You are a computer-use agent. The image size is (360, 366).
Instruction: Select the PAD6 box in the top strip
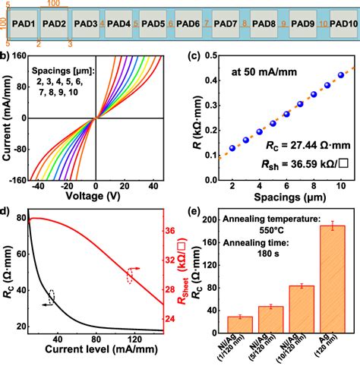click(x=189, y=24)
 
